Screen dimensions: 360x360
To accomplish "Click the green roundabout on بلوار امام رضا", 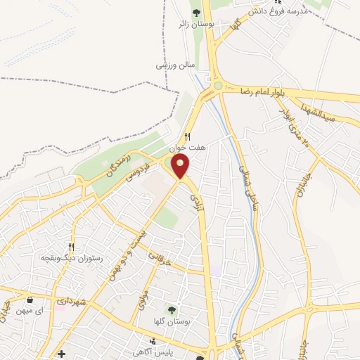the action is pyautogui.click(x=218, y=86).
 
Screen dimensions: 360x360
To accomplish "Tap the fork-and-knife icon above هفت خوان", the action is pyautogui.click(x=187, y=137).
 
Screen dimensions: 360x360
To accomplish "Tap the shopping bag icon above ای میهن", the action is pyautogui.click(x=30, y=300).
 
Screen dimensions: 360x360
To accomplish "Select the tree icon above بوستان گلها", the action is pyautogui.click(x=171, y=310).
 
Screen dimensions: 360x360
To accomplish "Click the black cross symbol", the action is pyautogui.click(x=62, y=353).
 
